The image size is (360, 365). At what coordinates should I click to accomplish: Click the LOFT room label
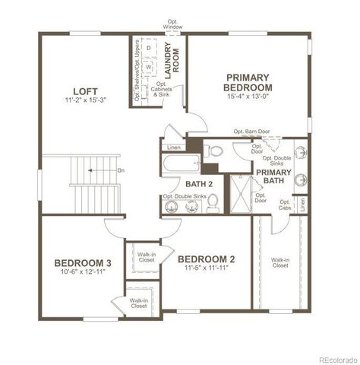84,89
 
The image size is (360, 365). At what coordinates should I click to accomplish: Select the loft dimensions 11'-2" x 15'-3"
84,100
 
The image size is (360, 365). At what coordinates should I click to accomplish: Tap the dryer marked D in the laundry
149,48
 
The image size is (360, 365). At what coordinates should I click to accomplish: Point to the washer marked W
149,67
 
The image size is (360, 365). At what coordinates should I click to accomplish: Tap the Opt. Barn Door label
251,132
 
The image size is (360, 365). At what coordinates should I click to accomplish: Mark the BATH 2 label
198,183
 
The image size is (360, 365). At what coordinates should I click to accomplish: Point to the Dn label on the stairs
120,171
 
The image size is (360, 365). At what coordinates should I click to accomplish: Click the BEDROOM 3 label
83,263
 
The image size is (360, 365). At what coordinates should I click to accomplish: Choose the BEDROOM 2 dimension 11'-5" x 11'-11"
206,268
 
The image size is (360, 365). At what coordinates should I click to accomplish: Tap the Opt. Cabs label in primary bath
284,205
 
